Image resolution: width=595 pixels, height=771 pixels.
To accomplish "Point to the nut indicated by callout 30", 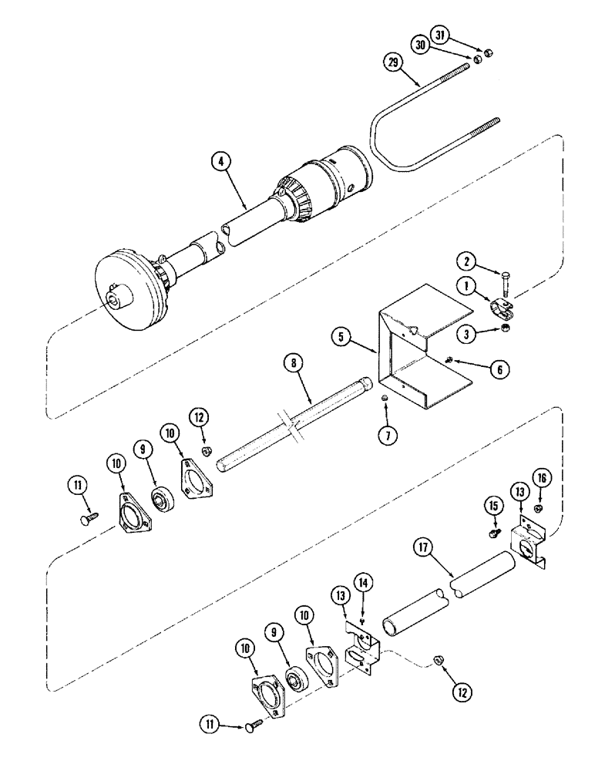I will [x=478, y=58].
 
